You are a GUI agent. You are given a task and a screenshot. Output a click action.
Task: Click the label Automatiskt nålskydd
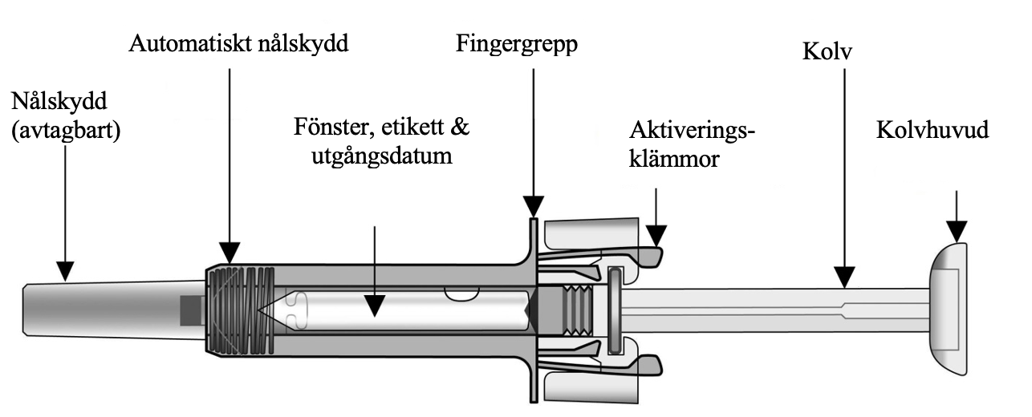[238, 44]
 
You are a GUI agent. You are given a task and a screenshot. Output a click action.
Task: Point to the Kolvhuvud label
[932, 130]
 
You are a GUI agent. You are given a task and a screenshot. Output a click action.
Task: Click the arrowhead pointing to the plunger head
[956, 233]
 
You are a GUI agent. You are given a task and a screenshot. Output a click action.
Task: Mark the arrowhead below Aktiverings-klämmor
[656, 237]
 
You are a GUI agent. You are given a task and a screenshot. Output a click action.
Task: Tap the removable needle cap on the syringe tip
[104, 308]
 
